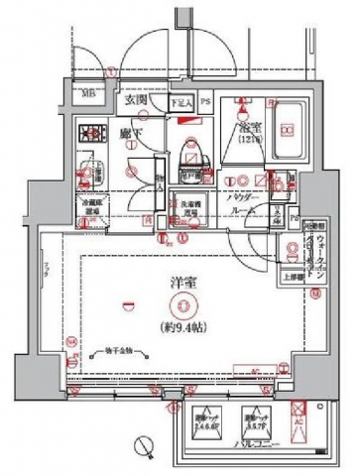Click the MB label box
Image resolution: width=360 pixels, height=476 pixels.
click(x=89, y=96)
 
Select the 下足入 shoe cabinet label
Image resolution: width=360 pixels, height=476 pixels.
click(x=179, y=101)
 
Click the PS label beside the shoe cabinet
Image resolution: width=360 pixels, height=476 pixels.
click(x=205, y=101)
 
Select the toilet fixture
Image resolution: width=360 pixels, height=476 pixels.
click(x=189, y=147)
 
